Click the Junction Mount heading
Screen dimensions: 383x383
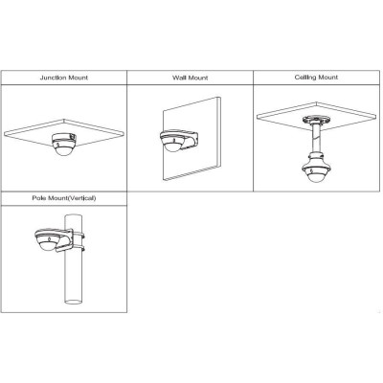tap(64, 78)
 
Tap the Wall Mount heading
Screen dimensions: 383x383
tap(191, 78)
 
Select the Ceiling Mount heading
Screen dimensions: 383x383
tap(316, 78)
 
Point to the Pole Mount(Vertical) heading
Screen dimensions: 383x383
tap(64, 198)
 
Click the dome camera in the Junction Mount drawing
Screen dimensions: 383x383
tap(64, 145)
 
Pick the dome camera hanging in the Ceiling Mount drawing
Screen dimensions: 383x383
tap(316, 171)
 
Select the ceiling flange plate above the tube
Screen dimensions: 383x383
tap(316, 120)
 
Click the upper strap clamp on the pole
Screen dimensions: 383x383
tap(78, 237)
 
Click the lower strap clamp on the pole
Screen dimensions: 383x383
tap(78, 248)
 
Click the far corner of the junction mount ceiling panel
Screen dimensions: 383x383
tap(64, 120)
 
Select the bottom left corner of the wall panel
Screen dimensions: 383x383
tap(166, 181)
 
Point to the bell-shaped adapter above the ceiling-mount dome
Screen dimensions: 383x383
tap(316, 159)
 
